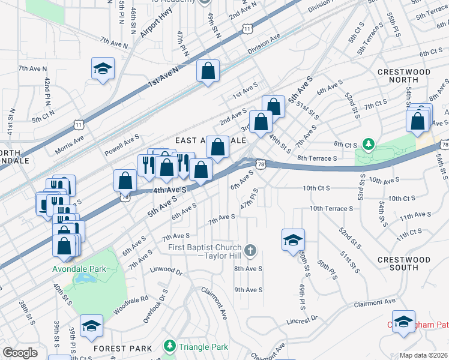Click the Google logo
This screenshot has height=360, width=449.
[x=20, y=353]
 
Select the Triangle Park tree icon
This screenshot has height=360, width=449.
[x=170, y=347]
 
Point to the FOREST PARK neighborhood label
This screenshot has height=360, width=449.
[x=119, y=349]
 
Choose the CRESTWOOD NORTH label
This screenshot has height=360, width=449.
[x=404, y=77]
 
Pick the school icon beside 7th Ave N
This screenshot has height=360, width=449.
[x=103, y=69]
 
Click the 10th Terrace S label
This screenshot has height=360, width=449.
[x=331, y=208]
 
